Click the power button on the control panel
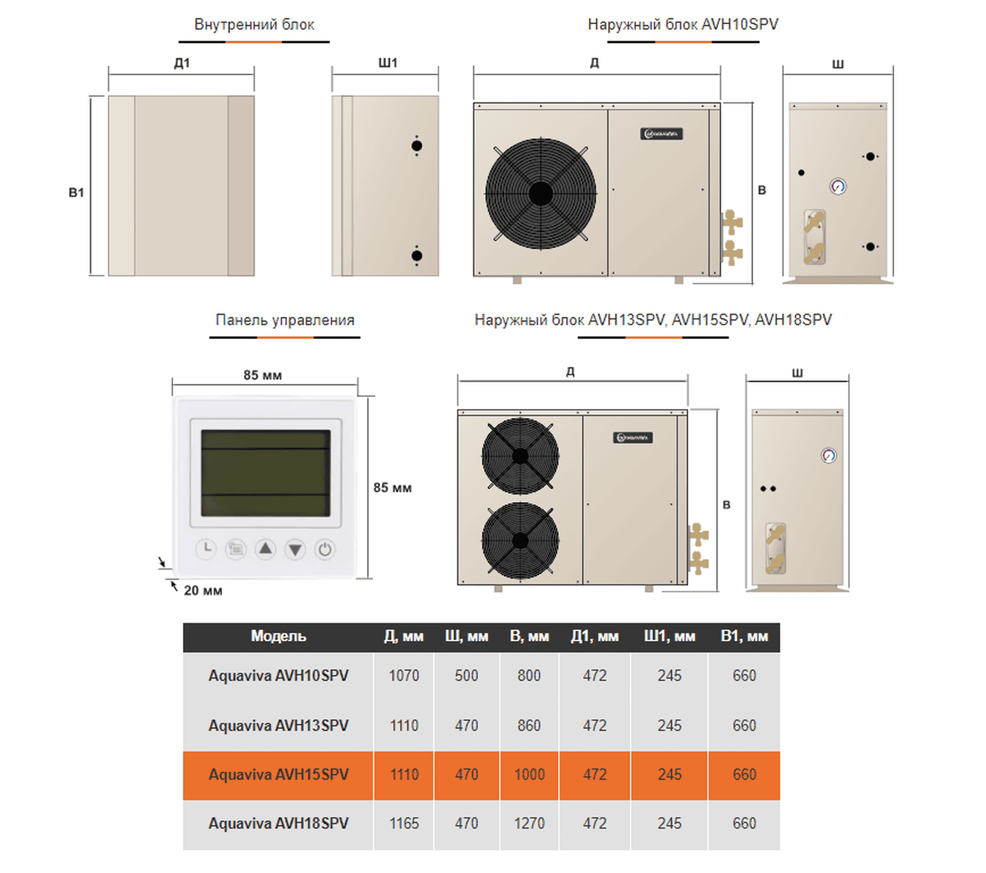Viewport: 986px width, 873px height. pos(325,549)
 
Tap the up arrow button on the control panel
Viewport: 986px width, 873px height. pos(266,549)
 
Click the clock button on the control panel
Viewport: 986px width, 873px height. pos(206,549)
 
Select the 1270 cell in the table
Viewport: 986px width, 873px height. pos(529,824)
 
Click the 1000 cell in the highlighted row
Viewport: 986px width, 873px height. pos(529,774)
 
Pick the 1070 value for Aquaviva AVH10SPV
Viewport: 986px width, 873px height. pos(404,676)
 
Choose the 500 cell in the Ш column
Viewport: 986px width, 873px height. pos(466,676)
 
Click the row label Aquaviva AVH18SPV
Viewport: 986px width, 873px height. pos(278,824)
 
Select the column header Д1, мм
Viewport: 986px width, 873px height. pos(594,636)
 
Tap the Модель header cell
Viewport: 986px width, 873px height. pos(278,636)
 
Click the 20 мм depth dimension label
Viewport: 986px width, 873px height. pos(203,590)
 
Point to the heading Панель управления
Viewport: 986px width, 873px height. pos(285,320)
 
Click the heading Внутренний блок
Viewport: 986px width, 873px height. pos(254,25)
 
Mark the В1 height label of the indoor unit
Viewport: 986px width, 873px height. pos(76,193)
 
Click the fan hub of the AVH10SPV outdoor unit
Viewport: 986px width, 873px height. pos(540,194)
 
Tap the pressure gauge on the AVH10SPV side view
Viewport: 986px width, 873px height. pos(837,186)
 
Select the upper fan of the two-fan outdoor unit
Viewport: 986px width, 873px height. pos(520,455)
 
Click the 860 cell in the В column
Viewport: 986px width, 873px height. pos(529,725)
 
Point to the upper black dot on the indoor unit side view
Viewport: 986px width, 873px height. pos(416,146)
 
